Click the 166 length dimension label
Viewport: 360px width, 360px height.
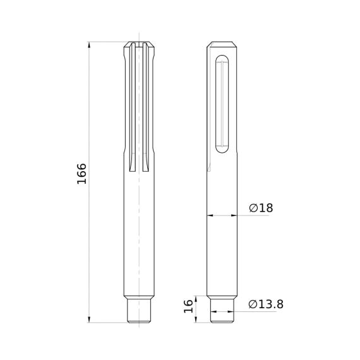click(x=81, y=174)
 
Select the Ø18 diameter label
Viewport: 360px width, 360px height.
click(x=261, y=208)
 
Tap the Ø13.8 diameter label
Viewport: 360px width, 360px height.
click(x=266, y=304)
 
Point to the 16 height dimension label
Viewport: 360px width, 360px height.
click(x=188, y=306)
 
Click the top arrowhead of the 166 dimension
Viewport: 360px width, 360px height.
click(x=89, y=45)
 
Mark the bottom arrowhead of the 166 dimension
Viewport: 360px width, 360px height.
click(x=89, y=320)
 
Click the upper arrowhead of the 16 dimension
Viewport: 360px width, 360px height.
click(x=196, y=299)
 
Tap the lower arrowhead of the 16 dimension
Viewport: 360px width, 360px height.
click(x=196, y=320)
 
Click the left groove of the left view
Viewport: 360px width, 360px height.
click(x=132, y=107)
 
